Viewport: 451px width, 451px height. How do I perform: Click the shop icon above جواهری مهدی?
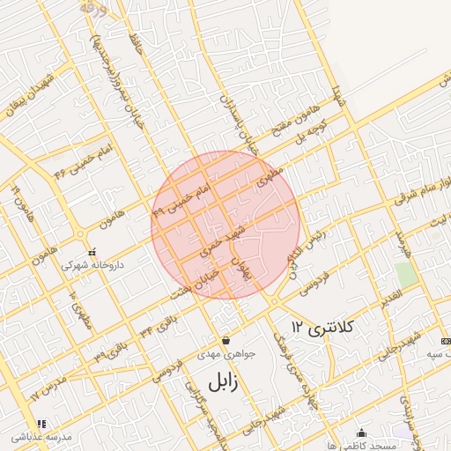[226, 340]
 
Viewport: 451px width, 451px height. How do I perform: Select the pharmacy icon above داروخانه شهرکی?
[92, 252]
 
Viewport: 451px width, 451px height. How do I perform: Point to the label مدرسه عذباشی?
[41, 438]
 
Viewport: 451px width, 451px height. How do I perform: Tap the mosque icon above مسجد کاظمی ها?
[362, 433]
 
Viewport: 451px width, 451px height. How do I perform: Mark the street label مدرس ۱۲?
[48, 385]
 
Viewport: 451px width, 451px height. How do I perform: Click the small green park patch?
[406, 274]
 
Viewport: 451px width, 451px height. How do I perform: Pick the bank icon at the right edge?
[445, 341]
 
